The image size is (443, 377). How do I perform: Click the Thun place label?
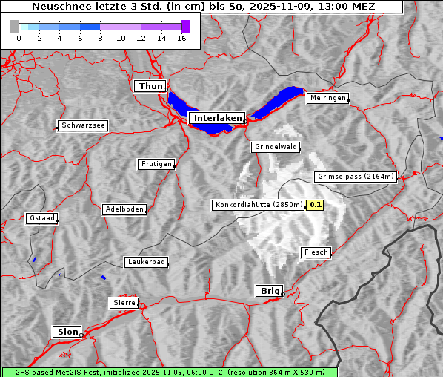click(x=150, y=87)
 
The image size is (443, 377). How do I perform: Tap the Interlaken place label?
click(x=217, y=118)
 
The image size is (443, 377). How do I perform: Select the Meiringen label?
click(x=327, y=98)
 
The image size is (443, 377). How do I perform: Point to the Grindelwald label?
click(x=276, y=147)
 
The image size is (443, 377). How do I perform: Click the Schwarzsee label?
click(x=83, y=125)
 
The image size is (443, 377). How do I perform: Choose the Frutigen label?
click(x=156, y=164)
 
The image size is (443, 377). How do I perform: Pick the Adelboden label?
click(x=124, y=209)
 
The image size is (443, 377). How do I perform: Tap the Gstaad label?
click(x=41, y=218)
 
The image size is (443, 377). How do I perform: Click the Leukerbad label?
click(x=146, y=262)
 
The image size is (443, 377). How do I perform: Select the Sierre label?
click(x=124, y=303)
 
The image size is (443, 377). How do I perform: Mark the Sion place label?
click(x=66, y=331)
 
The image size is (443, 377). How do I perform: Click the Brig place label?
click(x=268, y=291)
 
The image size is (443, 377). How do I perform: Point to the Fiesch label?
click(x=316, y=252)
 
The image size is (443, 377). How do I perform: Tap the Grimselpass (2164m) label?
click(x=356, y=177)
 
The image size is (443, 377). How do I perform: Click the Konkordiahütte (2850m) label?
click(x=259, y=205)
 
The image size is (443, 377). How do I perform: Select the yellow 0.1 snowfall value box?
click(x=316, y=205)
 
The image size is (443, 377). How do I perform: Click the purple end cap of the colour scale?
click(x=185, y=26)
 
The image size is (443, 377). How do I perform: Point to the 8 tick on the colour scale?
click(x=100, y=38)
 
